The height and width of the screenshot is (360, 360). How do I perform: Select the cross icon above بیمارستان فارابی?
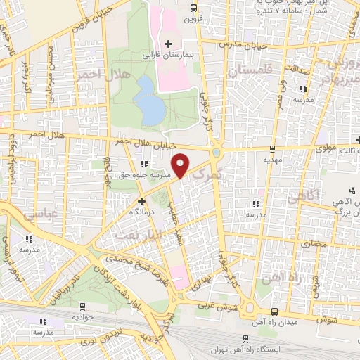[x=167, y=44]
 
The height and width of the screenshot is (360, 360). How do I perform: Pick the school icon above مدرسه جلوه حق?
[x=144, y=165]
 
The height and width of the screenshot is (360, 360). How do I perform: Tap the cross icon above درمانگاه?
[x=142, y=200]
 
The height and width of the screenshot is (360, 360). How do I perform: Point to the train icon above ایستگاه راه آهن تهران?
[x=274, y=339]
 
